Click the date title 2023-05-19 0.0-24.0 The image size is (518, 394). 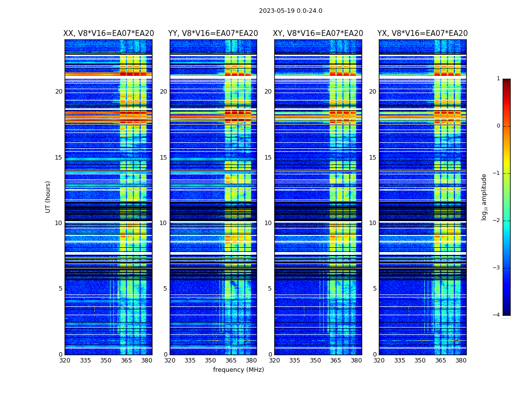pyautogui.click(x=291, y=11)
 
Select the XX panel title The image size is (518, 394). pyautogui.click(x=109, y=33)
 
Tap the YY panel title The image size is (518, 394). pyautogui.click(x=213, y=33)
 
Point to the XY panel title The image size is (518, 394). pyautogui.click(x=318, y=33)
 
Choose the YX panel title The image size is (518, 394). pyautogui.click(x=423, y=33)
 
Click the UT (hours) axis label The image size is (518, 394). pyautogui.click(x=48, y=197)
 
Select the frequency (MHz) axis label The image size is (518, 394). pyautogui.click(x=238, y=370)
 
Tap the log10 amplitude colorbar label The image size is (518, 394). pyautogui.click(x=484, y=197)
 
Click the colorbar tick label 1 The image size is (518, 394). pyautogui.click(x=498, y=79)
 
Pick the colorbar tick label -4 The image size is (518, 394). pyautogui.click(x=497, y=315)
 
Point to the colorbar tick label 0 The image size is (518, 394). pyautogui.click(x=498, y=126)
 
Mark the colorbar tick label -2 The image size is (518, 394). pyautogui.click(x=497, y=221)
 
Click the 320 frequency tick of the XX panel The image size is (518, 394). pyautogui.click(x=65, y=361)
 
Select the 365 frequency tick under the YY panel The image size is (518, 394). pyautogui.click(x=231, y=361)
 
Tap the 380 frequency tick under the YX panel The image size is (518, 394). pyautogui.click(x=461, y=361)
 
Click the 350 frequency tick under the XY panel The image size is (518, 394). pyautogui.click(x=315, y=361)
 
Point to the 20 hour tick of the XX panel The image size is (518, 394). pyautogui.click(x=59, y=92)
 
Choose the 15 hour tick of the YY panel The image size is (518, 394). pyautogui.click(x=163, y=158)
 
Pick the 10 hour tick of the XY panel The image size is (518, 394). pyautogui.click(x=268, y=223)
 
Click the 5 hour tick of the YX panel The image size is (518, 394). pyautogui.click(x=374, y=289)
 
